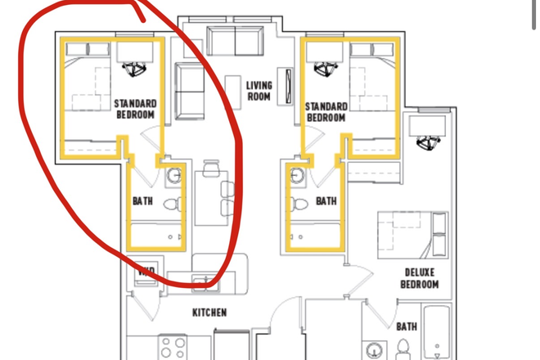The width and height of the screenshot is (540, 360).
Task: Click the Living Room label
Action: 259,91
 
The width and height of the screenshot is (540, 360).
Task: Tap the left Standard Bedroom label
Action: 134,110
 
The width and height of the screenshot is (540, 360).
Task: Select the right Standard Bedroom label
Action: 325,112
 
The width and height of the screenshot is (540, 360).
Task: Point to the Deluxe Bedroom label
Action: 420,278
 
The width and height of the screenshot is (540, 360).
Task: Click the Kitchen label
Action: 209,313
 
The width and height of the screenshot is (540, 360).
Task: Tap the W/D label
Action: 146,272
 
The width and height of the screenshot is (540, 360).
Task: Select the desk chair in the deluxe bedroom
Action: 427,143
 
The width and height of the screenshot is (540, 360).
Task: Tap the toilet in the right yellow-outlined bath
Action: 299,205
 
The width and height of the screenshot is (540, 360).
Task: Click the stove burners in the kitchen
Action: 173,347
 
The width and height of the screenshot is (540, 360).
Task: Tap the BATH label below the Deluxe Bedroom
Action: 407,326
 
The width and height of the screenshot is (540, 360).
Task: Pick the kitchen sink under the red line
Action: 200,283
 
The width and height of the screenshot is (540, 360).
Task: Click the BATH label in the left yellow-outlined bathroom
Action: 143,200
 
